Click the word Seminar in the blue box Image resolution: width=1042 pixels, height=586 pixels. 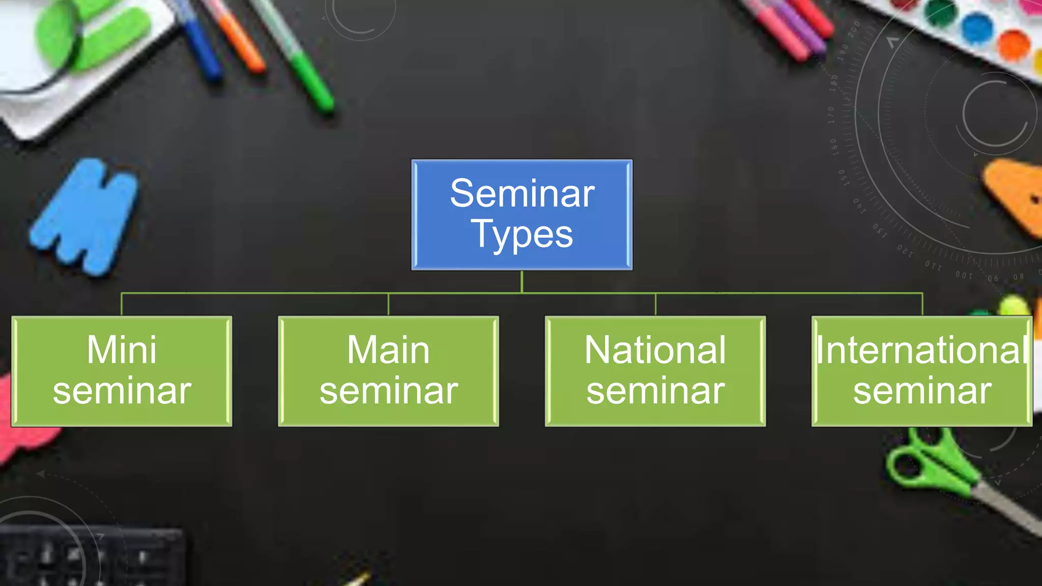coord(522,194)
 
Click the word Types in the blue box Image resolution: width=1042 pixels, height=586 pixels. coord(522,235)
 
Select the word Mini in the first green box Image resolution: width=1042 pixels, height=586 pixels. coord(122,350)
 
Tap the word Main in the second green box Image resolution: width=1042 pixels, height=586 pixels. coord(388,350)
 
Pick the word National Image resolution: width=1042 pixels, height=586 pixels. coord(655,350)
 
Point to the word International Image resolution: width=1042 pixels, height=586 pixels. coord(922,350)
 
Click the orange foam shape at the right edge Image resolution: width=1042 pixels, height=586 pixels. coord(1015,196)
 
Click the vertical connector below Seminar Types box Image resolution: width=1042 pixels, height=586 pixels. coord(522,281)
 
